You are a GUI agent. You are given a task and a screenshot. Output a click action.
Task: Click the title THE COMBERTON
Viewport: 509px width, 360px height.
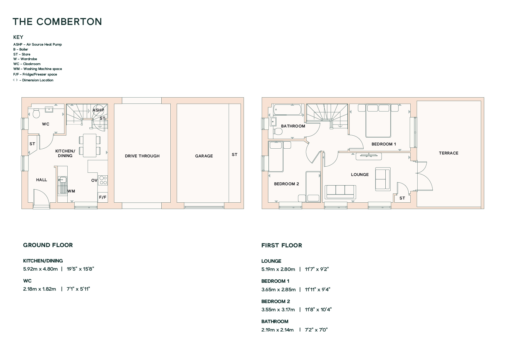(x=57, y=22)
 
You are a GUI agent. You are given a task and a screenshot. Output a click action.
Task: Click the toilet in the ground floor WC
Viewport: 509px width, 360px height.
(x=36, y=114)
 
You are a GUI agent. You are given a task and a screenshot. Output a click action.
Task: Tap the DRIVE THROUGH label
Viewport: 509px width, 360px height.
(x=142, y=156)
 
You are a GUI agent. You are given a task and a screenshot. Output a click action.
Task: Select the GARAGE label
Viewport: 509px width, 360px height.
(x=204, y=156)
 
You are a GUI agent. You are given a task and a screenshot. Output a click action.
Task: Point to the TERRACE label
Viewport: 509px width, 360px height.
(x=449, y=153)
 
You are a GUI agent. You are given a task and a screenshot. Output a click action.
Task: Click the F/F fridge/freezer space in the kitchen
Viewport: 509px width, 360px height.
(x=103, y=197)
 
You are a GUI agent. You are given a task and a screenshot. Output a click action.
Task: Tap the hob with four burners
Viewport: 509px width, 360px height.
(x=103, y=180)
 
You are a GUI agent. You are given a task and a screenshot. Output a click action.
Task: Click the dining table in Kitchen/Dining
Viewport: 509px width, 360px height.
(x=90, y=145)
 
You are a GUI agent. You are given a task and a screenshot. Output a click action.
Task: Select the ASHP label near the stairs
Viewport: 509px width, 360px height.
(x=98, y=110)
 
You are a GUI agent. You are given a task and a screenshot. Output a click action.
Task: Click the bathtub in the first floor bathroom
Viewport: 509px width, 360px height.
(x=287, y=110)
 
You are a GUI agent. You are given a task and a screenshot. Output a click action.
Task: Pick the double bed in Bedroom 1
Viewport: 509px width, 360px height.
(x=378, y=120)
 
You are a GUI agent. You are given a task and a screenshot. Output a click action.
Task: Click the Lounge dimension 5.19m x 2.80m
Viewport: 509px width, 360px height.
(x=278, y=269)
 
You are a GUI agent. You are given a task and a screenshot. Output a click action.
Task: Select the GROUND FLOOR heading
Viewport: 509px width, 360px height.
(x=48, y=245)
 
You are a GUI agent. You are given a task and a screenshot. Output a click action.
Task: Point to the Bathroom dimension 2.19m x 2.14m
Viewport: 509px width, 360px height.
(x=277, y=330)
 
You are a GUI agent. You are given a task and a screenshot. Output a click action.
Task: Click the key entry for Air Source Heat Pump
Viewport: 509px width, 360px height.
(x=37, y=44)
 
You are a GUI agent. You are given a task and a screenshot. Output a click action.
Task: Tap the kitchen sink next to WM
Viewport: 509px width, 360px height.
(x=62, y=185)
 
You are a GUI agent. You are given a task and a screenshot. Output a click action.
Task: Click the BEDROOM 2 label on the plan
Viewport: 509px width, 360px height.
(x=286, y=184)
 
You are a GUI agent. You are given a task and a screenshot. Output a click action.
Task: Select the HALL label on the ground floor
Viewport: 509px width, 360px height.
(x=41, y=180)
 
